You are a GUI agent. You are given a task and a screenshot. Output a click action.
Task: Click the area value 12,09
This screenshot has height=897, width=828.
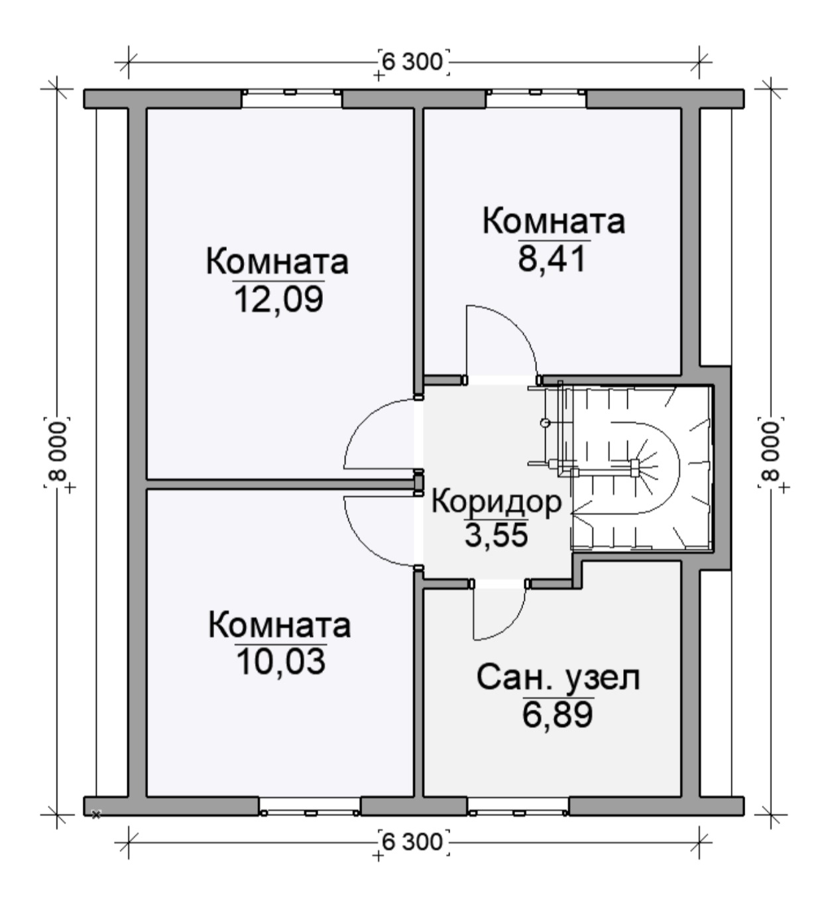[x=279, y=300]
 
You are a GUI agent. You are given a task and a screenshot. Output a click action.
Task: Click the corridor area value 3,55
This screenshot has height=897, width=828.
[x=496, y=536]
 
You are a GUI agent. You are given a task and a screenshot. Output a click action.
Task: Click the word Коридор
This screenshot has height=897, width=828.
[x=497, y=503]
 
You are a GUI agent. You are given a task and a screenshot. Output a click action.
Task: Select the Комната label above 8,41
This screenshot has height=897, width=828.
[x=554, y=221]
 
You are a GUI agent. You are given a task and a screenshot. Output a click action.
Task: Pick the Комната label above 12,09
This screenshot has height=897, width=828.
[x=277, y=262]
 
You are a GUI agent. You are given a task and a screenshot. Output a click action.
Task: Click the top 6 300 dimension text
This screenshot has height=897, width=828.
[x=412, y=62]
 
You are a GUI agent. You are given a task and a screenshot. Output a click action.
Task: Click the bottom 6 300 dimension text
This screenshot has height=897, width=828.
[x=412, y=843]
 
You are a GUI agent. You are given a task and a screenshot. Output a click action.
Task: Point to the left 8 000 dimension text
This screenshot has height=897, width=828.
[x=57, y=451]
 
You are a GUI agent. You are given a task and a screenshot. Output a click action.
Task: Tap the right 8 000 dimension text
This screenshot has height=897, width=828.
[x=770, y=451]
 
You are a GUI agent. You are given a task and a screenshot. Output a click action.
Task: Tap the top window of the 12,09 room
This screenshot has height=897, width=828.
[x=292, y=99]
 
